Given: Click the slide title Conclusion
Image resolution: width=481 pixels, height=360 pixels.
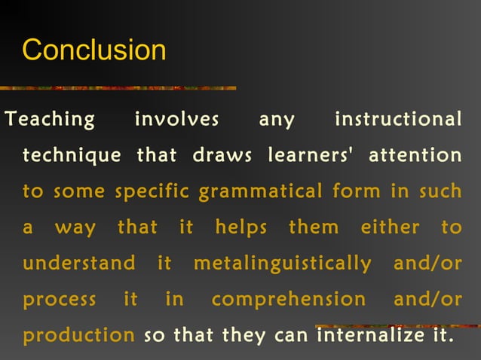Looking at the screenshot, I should [94, 50].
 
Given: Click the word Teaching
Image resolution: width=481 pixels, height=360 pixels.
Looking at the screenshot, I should [51, 120].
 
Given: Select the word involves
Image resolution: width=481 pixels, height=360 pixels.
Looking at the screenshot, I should [176, 120].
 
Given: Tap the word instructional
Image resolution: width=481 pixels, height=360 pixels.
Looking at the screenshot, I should [397, 120].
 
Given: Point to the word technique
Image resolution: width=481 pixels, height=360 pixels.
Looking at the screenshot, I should [72, 156].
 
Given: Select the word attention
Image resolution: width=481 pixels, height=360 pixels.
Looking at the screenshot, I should [415, 156].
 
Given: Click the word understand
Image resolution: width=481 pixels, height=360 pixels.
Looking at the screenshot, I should [79, 264].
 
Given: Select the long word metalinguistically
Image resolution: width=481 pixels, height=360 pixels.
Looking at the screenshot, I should [283, 264].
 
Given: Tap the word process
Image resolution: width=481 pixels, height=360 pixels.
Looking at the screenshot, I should [60, 300].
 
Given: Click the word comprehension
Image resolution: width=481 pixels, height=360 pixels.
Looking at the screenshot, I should [289, 300].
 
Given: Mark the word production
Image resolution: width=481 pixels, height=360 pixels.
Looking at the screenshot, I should [78, 335].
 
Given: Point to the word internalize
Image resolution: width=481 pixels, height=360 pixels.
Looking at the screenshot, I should [364, 335].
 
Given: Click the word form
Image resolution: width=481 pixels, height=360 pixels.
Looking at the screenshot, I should [357, 192].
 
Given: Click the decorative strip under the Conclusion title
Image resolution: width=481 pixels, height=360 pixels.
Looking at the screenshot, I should [121, 88].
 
